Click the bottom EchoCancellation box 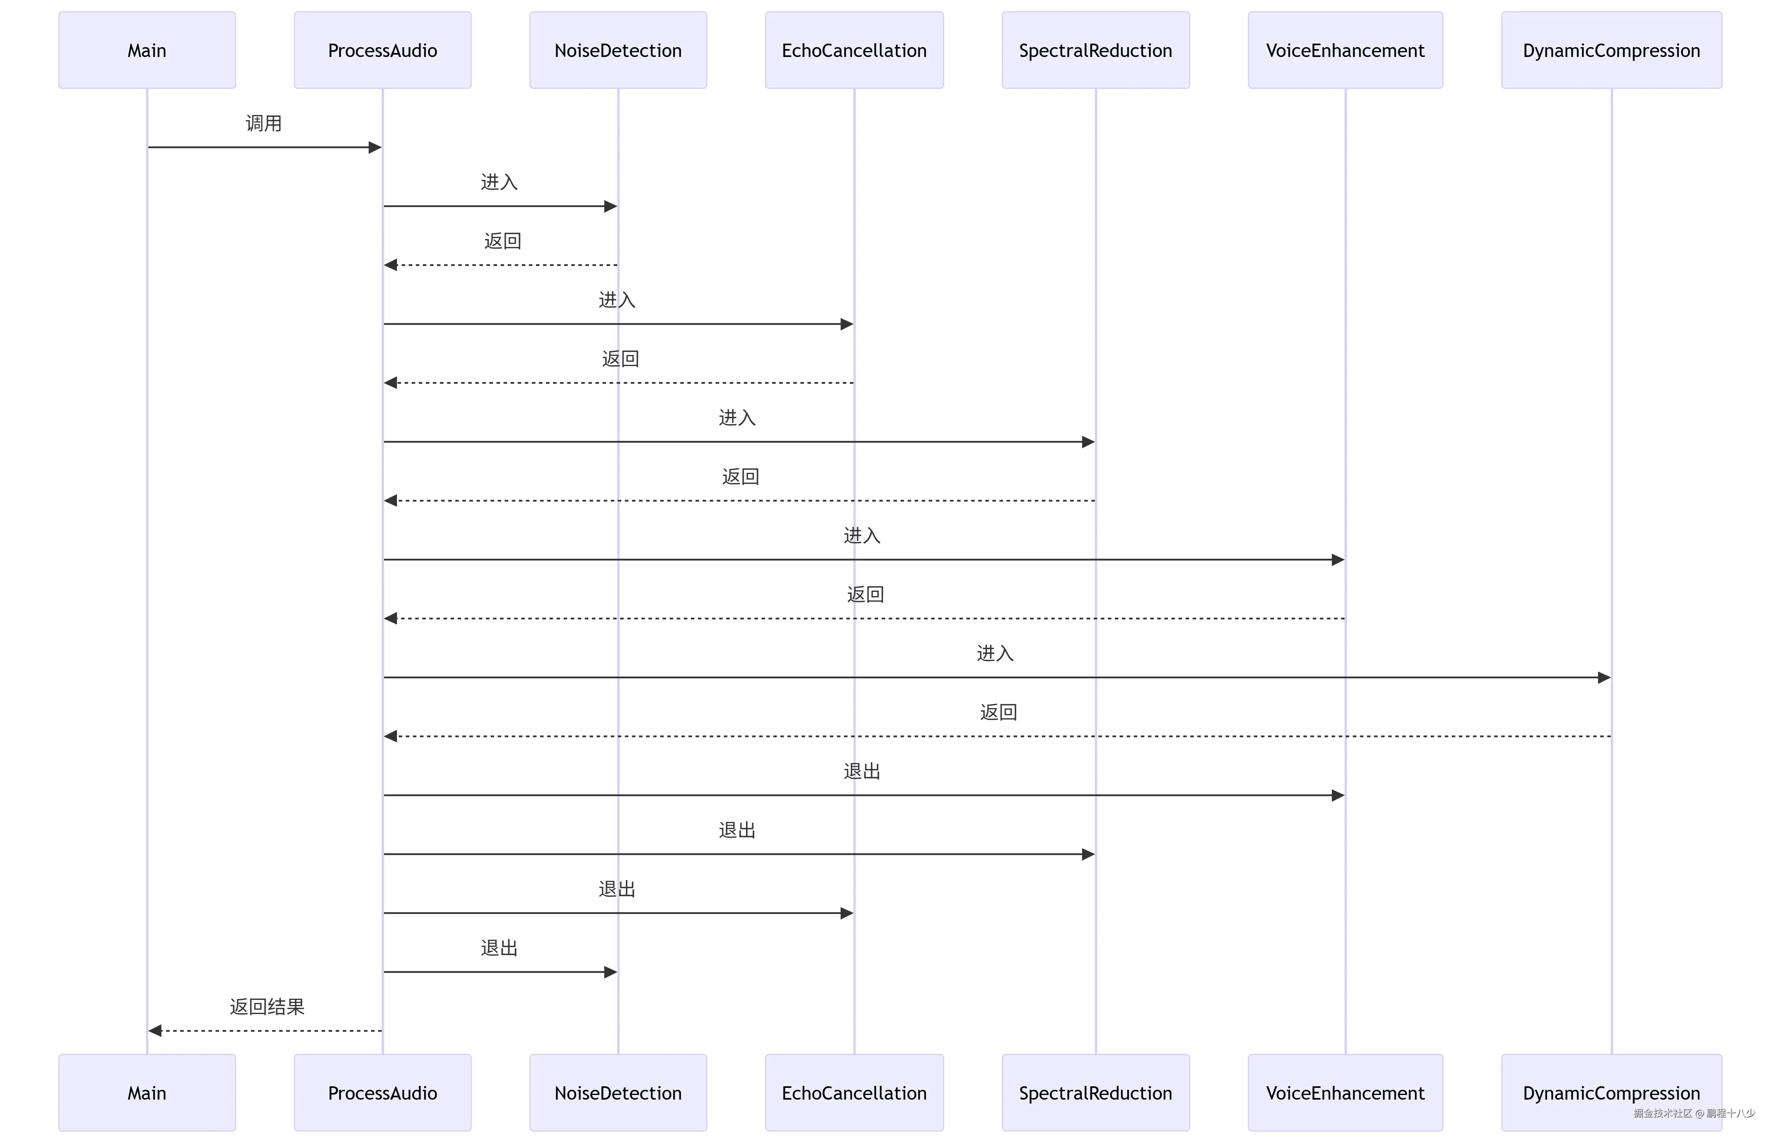[x=854, y=1093]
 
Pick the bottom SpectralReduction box [x=1095, y=1093]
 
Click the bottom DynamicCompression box [x=1611, y=1093]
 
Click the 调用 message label [x=264, y=123]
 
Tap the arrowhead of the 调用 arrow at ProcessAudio [x=375, y=147]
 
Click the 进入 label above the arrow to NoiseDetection [x=499, y=182]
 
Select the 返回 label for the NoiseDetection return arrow [x=503, y=241]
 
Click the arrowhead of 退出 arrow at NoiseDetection [x=611, y=972]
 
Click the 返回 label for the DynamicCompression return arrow [x=998, y=712]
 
